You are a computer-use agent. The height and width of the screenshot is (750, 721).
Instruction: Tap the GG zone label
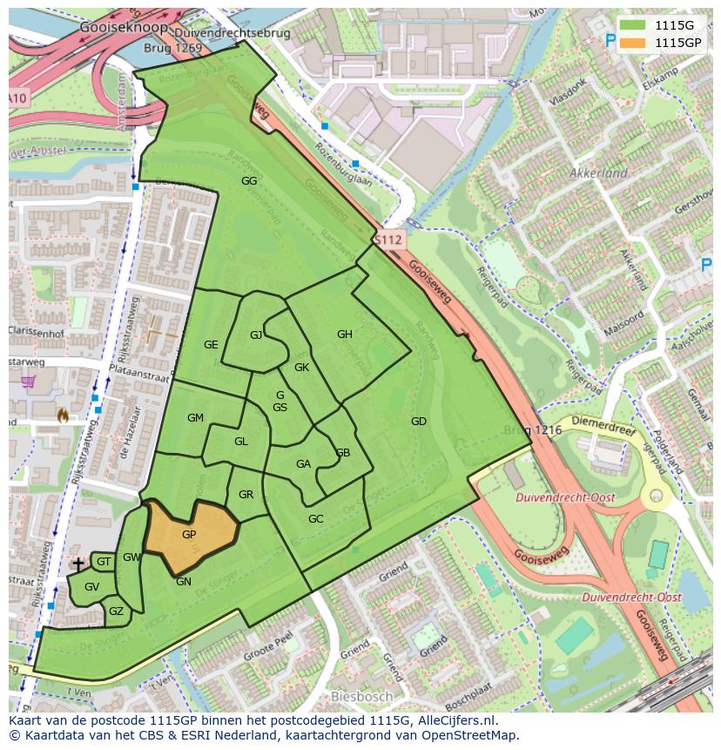click(249, 181)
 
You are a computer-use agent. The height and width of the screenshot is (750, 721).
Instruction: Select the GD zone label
click(419, 422)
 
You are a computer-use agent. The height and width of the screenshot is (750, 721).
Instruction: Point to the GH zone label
click(345, 334)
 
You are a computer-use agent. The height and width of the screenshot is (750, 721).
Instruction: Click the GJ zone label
click(256, 335)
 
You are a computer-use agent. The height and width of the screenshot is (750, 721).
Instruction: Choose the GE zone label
click(211, 345)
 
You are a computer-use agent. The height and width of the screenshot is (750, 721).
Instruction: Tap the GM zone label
click(195, 418)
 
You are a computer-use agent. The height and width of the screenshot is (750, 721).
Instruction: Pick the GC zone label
click(315, 519)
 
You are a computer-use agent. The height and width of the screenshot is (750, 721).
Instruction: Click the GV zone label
click(92, 587)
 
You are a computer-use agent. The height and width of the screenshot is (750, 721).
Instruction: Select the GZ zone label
click(116, 611)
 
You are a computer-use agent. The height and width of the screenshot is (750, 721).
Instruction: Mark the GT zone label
click(104, 563)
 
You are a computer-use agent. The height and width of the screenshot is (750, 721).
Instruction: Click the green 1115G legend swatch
click(633, 24)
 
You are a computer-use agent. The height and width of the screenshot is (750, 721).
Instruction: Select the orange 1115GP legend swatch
click(633, 42)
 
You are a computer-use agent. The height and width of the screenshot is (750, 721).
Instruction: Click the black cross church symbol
click(78, 564)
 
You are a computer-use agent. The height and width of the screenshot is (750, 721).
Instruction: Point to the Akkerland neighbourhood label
click(598, 173)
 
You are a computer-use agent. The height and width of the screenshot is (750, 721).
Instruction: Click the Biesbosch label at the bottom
click(360, 697)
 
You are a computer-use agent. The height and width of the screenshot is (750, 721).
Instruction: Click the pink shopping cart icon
click(29, 382)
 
